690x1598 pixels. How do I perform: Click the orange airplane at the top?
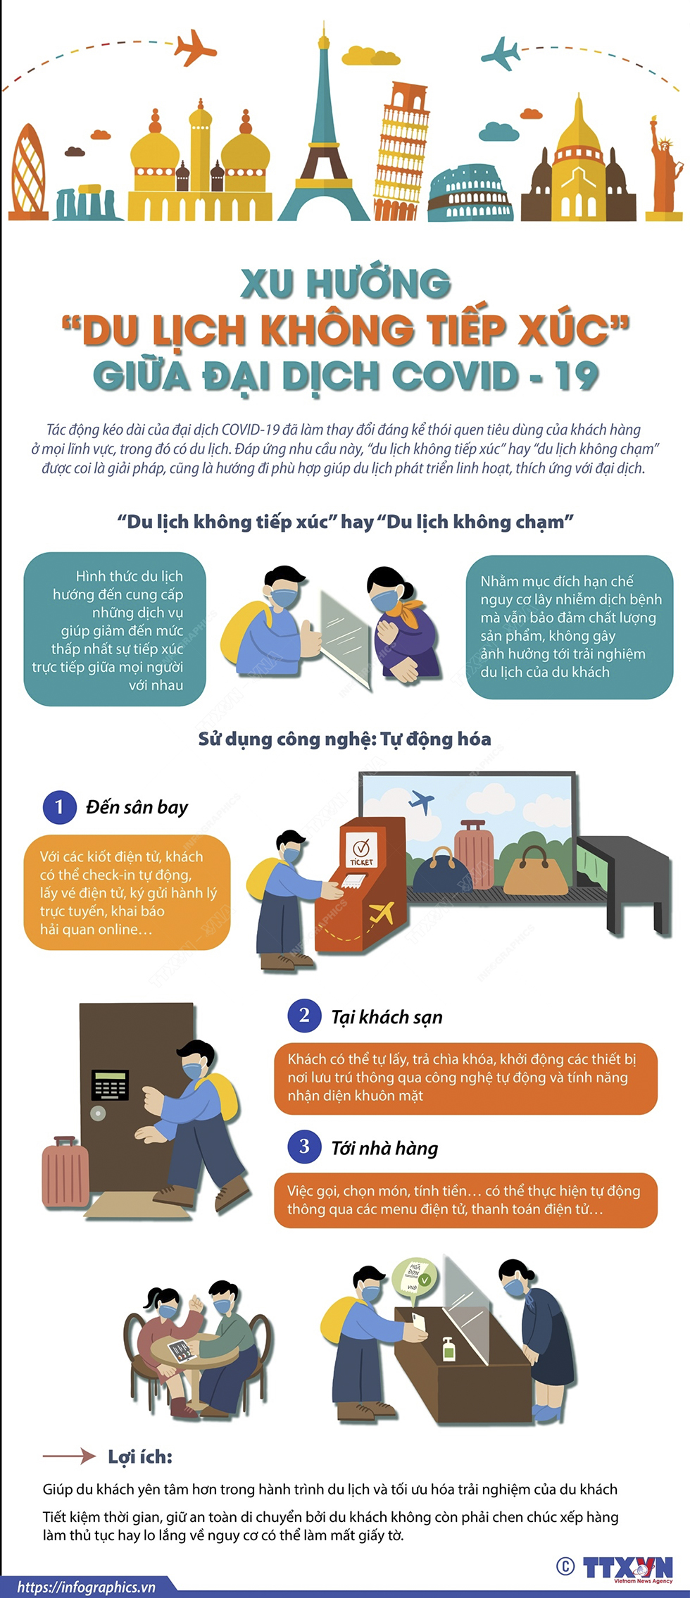pyautogui.click(x=195, y=47)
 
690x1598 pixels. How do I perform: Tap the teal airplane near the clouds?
pyautogui.click(x=501, y=53)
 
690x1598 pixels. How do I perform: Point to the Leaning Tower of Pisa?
pyautogui.click(x=401, y=151)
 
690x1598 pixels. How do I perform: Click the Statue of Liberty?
pyautogui.click(x=665, y=168)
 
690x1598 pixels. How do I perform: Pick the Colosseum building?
pyautogui.click(x=470, y=194)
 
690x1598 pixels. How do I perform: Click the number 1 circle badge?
pyautogui.click(x=59, y=807)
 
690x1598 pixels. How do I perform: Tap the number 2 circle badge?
pyautogui.click(x=304, y=1016)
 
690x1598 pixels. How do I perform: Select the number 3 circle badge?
pyautogui.click(x=304, y=1147)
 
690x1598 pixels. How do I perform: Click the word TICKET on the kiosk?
pyautogui.click(x=362, y=862)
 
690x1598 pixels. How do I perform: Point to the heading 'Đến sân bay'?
pyautogui.click(x=137, y=808)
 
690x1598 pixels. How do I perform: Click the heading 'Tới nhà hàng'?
pyautogui.click(x=384, y=1149)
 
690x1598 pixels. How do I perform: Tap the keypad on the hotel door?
pyautogui.click(x=111, y=1085)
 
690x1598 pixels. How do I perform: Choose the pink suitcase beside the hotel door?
pyautogui.click(x=65, y=1172)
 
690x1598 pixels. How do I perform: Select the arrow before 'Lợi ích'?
pyautogui.click(x=69, y=1456)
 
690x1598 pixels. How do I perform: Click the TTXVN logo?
pyautogui.click(x=627, y=1568)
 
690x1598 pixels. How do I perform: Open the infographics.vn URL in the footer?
pyautogui.click(x=86, y=1587)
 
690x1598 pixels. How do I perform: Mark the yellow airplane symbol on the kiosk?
pyautogui.click(x=381, y=913)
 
